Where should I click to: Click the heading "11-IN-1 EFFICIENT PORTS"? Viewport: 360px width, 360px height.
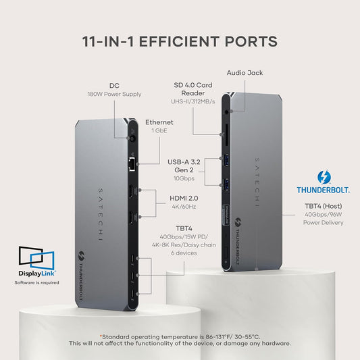(180, 41)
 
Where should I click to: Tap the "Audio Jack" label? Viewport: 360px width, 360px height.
(245, 72)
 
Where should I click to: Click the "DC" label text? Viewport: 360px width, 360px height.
(114, 85)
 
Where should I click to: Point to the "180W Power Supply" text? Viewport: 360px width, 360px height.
(114, 94)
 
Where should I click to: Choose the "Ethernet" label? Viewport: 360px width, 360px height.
(159, 122)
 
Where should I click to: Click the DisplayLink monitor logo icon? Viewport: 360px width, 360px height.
(36, 257)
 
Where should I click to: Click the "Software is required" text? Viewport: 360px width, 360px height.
(37, 282)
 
